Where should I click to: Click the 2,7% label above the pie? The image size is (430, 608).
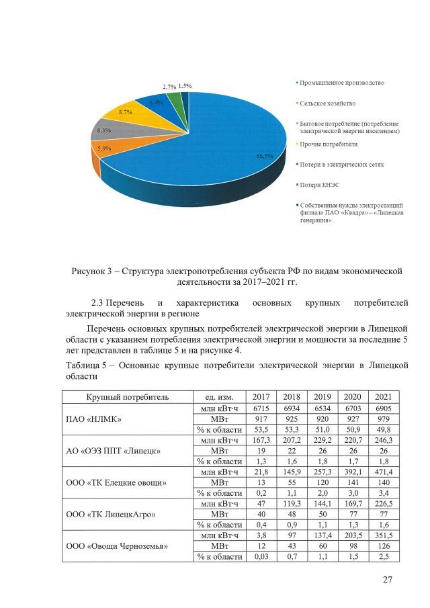169,87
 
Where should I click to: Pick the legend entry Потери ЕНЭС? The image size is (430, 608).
320,184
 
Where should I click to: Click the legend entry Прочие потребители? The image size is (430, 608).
329,144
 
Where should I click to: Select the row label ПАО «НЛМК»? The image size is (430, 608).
93,419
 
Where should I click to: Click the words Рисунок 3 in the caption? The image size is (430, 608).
93,271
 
